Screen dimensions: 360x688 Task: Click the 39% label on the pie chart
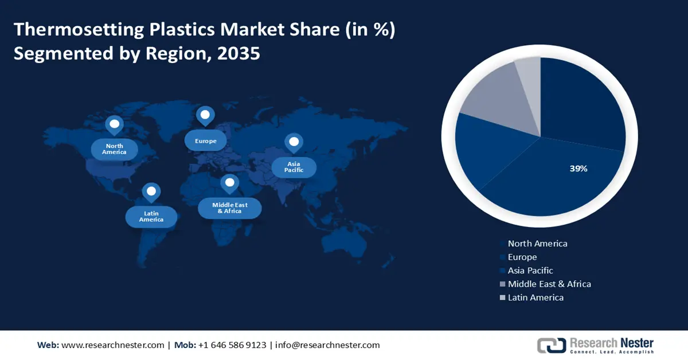[578, 169]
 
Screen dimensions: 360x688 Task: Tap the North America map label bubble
[115, 150]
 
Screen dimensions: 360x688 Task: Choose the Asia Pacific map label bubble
[294, 167]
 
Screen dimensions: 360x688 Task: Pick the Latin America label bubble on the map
[151, 217]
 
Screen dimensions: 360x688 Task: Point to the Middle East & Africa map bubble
[229, 208]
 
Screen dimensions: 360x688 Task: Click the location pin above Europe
[205, 116]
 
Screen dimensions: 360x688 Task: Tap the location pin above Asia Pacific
[294, 142]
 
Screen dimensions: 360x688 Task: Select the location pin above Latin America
[151, 192]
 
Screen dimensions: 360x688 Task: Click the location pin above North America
[115, 124]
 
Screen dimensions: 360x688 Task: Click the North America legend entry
[537, 244]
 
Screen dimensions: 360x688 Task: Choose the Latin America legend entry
[535, 298]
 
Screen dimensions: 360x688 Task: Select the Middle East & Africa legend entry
[549, 284]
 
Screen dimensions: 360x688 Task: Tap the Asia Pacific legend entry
[530, 271]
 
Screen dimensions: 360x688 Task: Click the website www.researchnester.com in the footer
[112, 345]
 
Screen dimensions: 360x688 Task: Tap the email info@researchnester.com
[327, 345]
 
